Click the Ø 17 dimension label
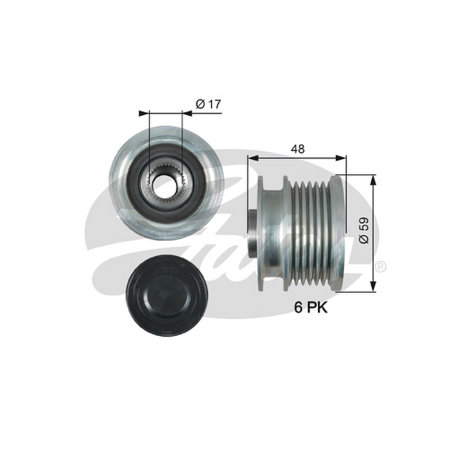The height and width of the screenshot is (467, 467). coord(208,104)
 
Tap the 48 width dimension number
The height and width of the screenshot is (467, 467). coord(298,149)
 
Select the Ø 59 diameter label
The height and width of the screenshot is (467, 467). coord(364,231)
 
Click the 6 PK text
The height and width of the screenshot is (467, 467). coord(311,308)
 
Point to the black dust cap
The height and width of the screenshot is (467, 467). coord(166,295)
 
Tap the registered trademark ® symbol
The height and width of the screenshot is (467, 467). coord(381,267)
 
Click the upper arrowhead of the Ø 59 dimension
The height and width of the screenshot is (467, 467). coord(373,180)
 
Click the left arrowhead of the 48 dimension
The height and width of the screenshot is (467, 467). coord(253,158)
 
